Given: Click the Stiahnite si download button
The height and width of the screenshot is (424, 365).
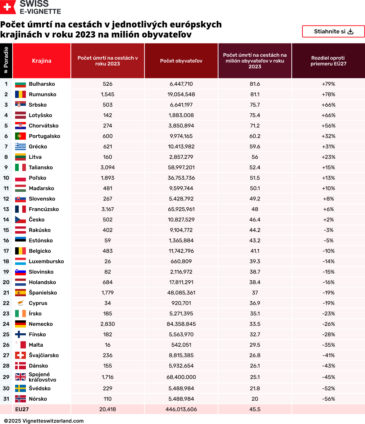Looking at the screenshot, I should [x=333, y=31].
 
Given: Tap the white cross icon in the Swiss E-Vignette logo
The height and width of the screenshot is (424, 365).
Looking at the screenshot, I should [x=8, y=7].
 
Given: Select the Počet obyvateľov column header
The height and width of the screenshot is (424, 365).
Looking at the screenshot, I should [x=181, y=61].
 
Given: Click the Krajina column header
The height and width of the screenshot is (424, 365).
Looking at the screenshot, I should [x=42, y=61].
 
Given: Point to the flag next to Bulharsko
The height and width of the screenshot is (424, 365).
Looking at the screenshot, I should [x=20, y=84].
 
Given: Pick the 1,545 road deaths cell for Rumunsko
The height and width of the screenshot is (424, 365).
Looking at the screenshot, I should [x=108, y=94].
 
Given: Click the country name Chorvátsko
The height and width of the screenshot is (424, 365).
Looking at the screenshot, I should [x=44, y=126].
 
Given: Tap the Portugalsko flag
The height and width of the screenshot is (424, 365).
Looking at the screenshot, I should [x=20, y=136].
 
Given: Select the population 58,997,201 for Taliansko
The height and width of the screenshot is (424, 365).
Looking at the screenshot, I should [x=181, y=167].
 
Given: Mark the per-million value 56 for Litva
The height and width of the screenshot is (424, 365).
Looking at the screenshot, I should [x=255, y=157].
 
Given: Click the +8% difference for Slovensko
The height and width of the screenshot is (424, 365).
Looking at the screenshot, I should [x=328, y=199].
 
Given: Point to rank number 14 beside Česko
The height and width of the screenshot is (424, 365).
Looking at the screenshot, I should [x=6, y=220].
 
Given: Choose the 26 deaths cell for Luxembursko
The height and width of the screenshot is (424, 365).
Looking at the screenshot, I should [x=108, y=261].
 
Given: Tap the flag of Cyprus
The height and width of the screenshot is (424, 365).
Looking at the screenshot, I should [x=20, y=303].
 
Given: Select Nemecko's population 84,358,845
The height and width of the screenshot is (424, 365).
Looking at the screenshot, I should [x=181, y=324].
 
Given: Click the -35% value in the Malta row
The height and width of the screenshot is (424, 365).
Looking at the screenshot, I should [x=328, y=345].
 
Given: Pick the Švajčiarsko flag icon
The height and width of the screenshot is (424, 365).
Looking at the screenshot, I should [x=20, y=355].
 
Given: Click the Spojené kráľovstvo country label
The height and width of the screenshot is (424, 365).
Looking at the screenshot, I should [x=42, y=377].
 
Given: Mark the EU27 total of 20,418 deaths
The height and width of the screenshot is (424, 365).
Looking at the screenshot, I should [x=108, y=409].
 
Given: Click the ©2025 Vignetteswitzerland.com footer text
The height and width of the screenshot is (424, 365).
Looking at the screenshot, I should [x=44, y=421].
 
